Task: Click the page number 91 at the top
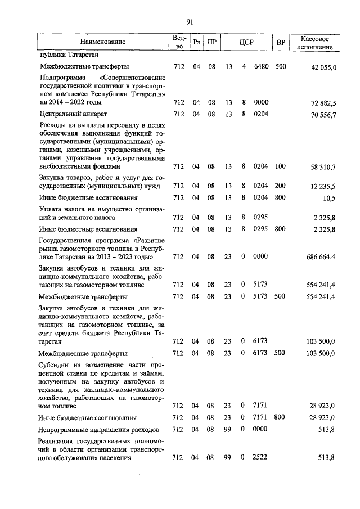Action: [190, 22]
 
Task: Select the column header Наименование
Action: [102, 42]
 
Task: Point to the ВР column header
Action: [281, 42]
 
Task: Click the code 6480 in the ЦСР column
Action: [262, 67]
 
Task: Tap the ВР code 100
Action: [281, 166]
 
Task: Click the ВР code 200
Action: [281, 186]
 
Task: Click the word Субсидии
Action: [54, 365]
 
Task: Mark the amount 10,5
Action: [329, 199]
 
